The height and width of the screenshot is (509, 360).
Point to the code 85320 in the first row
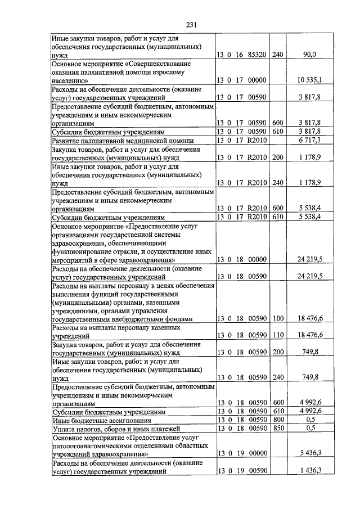[x=255, y=55]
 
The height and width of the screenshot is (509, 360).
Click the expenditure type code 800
[x=278, y=420]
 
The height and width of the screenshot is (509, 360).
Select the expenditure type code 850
[x=278, y=428]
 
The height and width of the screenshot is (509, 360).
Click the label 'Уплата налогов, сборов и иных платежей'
[x=114, y=428]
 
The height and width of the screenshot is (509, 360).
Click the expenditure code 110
[x=278, y=335]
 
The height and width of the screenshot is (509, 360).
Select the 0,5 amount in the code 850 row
[x=310, y=428]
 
